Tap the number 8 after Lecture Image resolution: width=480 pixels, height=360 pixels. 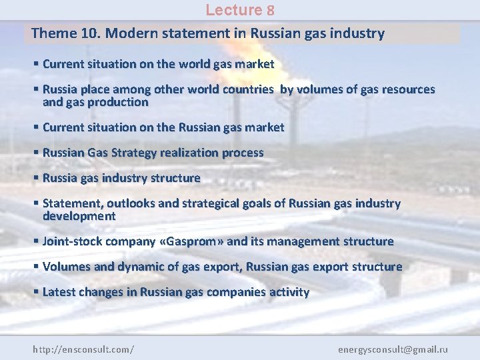[x=271, y=10]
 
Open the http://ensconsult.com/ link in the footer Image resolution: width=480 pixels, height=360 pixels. [x=83, y=349]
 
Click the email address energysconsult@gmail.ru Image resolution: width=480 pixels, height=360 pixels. [x=393, y=349]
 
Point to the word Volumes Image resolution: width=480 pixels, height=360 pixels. [x=66, y=267]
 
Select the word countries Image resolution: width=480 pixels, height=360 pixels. [x=248, y=89]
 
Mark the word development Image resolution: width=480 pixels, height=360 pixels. [x=79, y=216]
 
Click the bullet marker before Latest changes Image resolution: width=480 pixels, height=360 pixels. [x=36, y=292]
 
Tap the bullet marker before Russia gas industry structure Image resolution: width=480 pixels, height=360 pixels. [x=36, y=178]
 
